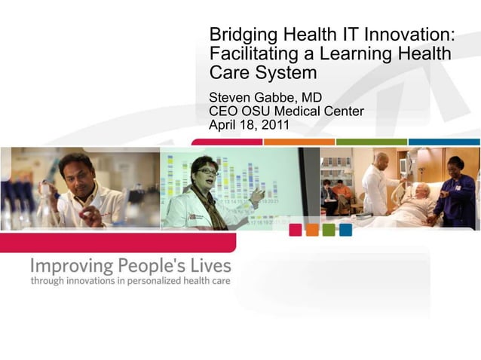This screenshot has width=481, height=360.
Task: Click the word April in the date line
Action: coord(223,125)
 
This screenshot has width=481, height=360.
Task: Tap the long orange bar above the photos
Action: coord(299,142)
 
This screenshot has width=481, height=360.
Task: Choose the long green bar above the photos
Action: coord(371,142)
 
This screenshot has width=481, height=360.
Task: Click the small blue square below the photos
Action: coord(345,230)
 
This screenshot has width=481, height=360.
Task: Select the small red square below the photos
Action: coord(296,230)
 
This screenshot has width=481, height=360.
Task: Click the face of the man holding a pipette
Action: coord(76,172)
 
